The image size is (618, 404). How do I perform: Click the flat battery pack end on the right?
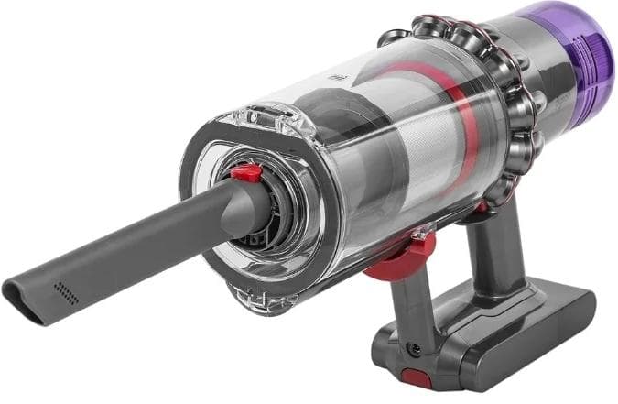coord(572,320)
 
